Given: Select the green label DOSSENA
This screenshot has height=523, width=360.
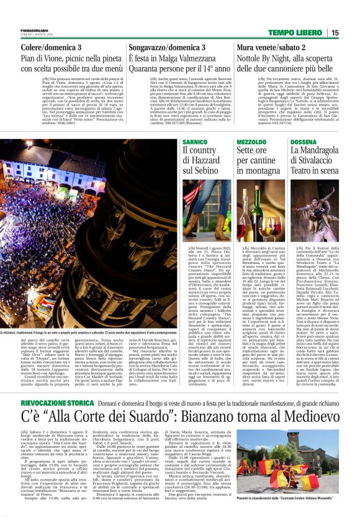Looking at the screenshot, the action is coord(302,143).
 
